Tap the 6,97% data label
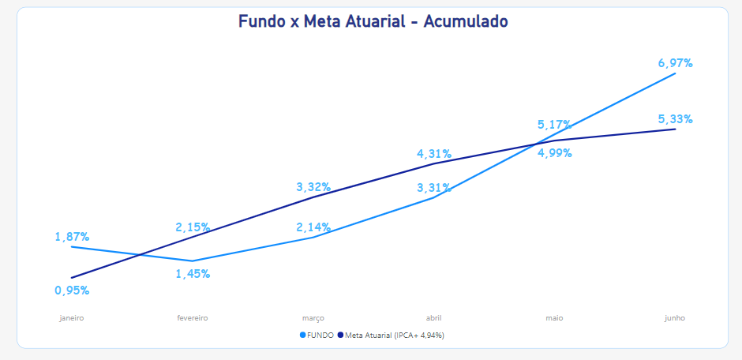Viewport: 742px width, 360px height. [675, 63]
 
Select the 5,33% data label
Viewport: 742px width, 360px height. [675, 119]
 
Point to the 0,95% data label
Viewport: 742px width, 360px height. [72, 291]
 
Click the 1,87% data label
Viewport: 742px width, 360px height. [72, 237]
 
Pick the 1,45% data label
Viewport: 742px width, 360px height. [193, 274]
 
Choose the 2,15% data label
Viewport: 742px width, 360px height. [193, 227]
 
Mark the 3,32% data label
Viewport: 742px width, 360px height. [313, 187]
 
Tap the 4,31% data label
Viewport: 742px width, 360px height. [434, 154]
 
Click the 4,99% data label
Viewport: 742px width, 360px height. [555, 153]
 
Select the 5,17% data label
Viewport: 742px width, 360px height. [555, 125]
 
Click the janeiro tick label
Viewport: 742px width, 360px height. [72, 318]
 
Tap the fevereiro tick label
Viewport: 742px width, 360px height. [193, 318]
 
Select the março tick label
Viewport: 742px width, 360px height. [313, 318]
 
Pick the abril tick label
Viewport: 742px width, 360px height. [434, 318]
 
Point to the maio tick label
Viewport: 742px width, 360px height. [555, 318]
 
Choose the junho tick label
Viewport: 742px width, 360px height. [675, 318]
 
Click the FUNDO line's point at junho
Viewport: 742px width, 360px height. [675, 73]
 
